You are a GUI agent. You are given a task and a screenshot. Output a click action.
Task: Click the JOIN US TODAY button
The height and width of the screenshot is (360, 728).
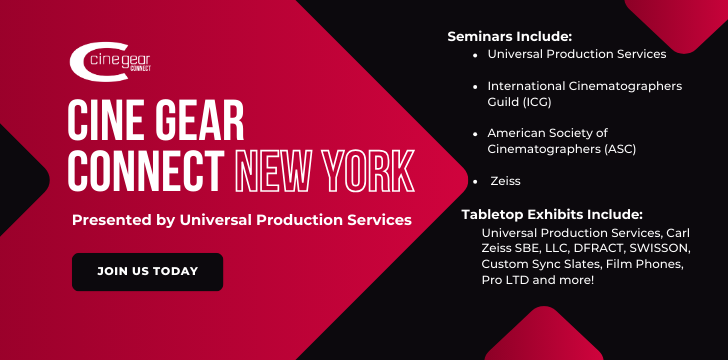click(147, 271)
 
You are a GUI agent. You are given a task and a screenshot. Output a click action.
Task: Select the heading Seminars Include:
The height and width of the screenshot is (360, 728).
click(510, 35)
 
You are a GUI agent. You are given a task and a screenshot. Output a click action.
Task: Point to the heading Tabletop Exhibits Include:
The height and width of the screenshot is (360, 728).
click(551, 214)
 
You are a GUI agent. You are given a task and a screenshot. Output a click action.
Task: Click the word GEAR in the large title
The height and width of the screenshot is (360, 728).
click(192, 122)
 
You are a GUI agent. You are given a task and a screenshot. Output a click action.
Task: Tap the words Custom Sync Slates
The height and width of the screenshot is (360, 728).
click(537, 263)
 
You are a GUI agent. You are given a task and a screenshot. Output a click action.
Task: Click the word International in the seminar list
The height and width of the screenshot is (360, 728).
click(531, 86)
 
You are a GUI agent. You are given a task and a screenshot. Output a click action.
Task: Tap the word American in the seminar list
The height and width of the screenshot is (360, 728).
click(520, 133)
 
